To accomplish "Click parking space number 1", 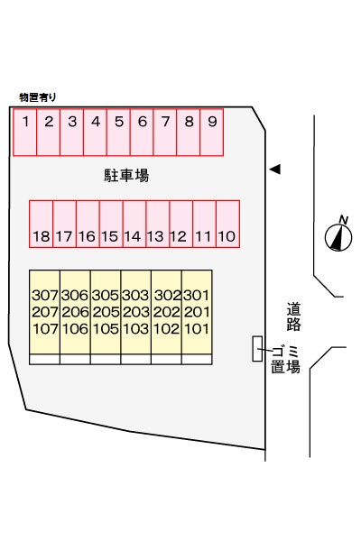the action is click(x=25, y=133).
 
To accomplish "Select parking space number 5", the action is click(x=118, y=133).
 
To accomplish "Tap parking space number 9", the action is click(x=212, y=133).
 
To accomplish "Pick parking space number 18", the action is click(x=42, y=224).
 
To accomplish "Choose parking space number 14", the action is click(x=134, y=224).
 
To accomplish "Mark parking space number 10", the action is click(x=227, y=224).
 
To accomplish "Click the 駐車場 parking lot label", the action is click(x=126, y=175).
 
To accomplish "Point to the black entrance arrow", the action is click(x=275, y=170).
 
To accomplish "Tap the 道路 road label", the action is click(x=293, y=316).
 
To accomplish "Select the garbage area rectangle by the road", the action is click(x=257, y=349).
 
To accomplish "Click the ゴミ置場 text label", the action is click(x=285, y=360).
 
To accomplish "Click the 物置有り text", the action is click(x=38, y=97).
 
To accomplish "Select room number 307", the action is click(x=45, y=296).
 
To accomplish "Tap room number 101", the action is click(x=197, y=329).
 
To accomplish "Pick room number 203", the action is click(x=136, y=312).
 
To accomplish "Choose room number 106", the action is click(x=75, y=329).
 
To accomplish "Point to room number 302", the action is click(x=167, y=296).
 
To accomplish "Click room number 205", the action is click(x=106, y=312).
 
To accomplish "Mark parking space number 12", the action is click(x=181, y=224).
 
